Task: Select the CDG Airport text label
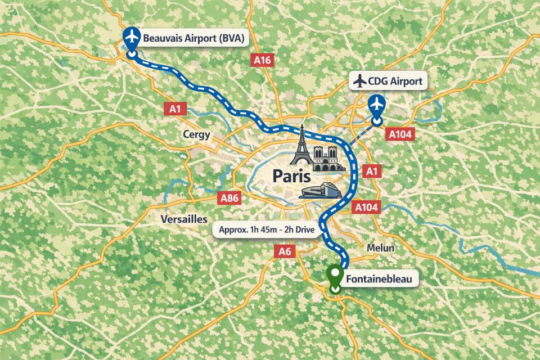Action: [x=386, y=82]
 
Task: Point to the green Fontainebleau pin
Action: [x=335, y=276]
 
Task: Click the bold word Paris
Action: [x=291, y=175]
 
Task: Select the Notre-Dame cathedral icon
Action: [x=326, y=157]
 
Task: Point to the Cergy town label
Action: [x=196, y=134]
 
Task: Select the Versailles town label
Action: [x=184, y=219]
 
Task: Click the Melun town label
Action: [x=380, y=248]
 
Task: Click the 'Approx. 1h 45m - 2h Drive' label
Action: [x=267, y=230]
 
